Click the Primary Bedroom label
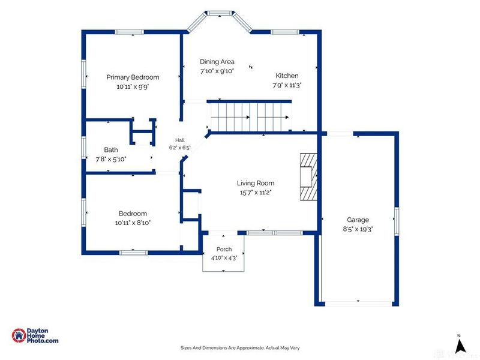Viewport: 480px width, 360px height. pyautogui.click(x=133, y=77)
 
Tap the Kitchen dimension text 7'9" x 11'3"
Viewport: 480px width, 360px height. pyautogui.click(x=287, y=85)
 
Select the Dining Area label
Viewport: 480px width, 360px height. pyautogui.click(x=217, y=62)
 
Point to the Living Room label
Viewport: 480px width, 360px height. pyautogui.click(x=256, y=183)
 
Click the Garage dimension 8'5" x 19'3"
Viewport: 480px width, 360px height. pyautogui.click(x=358, y=229)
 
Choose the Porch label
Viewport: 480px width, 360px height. pyautogui.click(x=224, y=249)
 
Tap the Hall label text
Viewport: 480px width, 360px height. pyautogui.click(x=180, y=140)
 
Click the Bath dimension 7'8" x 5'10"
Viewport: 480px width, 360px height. pyautogui.click(x=111, y=159)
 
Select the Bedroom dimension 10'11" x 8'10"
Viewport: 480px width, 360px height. pyautogui.click(x=133, y=223)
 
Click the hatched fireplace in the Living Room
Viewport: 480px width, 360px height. pyautogui.click(x=308, y=177)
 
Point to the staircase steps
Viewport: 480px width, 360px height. pyautogui.click(x=250, y=116)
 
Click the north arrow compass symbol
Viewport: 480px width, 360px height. pyautogui.click(x=460, y=346)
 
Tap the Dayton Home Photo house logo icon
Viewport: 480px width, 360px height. pyautogui.click(x=19, y=335)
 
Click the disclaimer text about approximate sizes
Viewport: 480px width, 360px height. pyautogui.click(x=240, y=348)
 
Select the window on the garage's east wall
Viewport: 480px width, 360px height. pyautogui.click(x=397, y=221)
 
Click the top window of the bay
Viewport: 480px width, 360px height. pyautogui.click(x=220, y=13)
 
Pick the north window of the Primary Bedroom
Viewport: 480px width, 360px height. pyautogui.click(x=130, y=32)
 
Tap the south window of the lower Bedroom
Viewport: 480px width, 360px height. pyautogui.click(x=133, y=253)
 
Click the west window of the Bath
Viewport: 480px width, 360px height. pyautogui.click(x=83, y=148)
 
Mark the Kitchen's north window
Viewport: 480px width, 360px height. pyautogui.click(x=284, y=32)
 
